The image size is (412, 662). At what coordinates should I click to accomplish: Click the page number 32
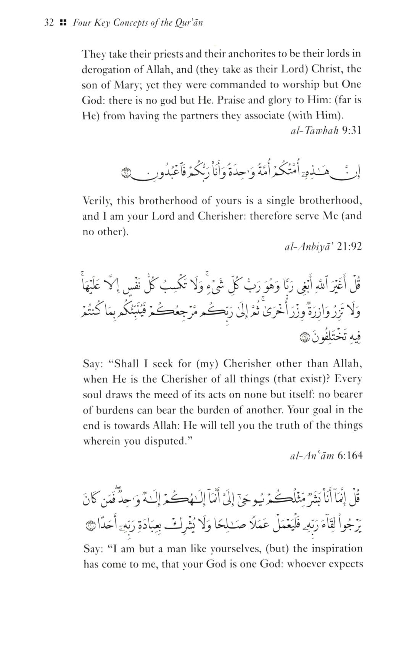click(49, 23)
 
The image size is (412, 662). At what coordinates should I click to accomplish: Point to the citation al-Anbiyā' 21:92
click(323, 247)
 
